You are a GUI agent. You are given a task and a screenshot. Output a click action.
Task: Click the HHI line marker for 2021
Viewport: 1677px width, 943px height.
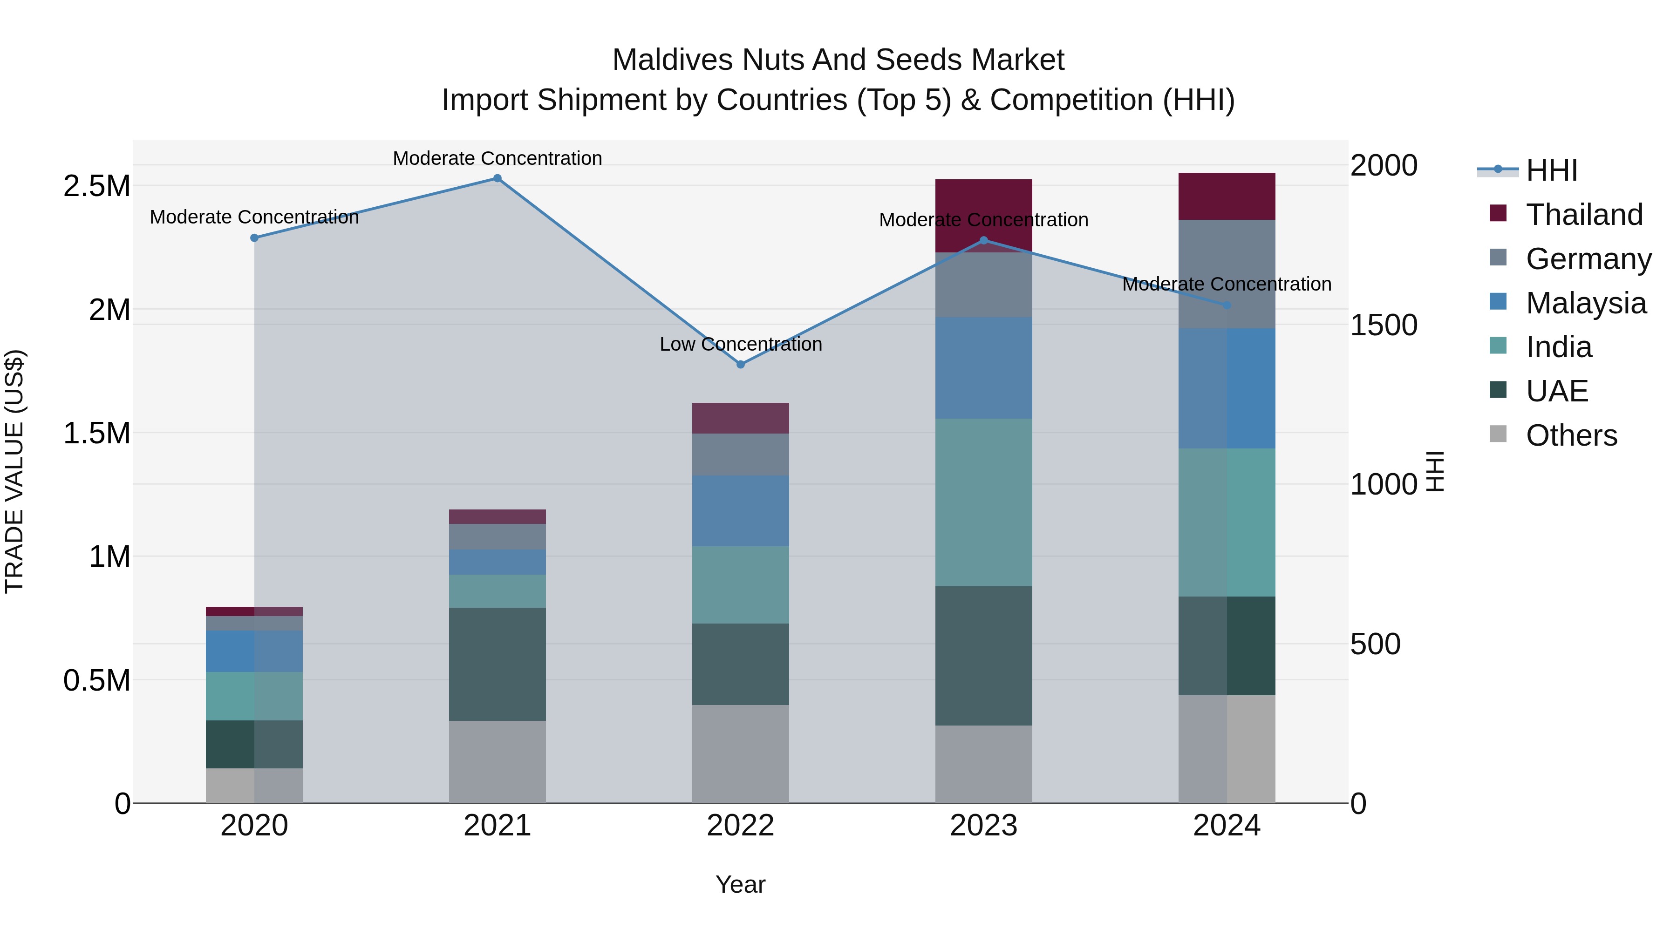coord(498,178)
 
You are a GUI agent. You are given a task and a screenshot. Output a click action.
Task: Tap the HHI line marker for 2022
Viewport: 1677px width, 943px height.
coord(740,365)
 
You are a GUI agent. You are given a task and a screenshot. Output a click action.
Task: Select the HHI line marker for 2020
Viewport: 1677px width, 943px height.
coord(254,238)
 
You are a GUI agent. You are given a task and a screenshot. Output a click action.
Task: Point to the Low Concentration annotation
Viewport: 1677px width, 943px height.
coord(740,344)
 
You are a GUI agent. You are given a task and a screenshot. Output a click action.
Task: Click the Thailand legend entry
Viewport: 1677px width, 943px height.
coord(1584,215)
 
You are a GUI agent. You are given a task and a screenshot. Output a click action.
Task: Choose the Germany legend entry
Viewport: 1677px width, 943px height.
coord(1588,259)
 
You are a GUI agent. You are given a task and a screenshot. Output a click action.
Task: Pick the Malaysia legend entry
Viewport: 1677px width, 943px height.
coord(1585,303)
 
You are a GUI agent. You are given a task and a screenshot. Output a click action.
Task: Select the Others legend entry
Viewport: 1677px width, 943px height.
coord(1571,435)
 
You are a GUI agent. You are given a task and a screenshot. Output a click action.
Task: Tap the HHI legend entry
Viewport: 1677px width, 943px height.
coord(1551,170)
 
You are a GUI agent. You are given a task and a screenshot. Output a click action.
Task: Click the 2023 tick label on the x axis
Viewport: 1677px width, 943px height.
coord(983,826)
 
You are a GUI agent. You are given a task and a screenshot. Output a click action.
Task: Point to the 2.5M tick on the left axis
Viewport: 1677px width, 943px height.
coord(96,186)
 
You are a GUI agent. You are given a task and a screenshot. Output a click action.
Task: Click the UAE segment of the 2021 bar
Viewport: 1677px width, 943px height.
coord(498,664)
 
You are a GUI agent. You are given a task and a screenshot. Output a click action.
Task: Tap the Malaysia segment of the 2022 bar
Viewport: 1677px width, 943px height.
coord(740,511)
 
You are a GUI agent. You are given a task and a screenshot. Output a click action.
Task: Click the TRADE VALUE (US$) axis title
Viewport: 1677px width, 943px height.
coord(14,471)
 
